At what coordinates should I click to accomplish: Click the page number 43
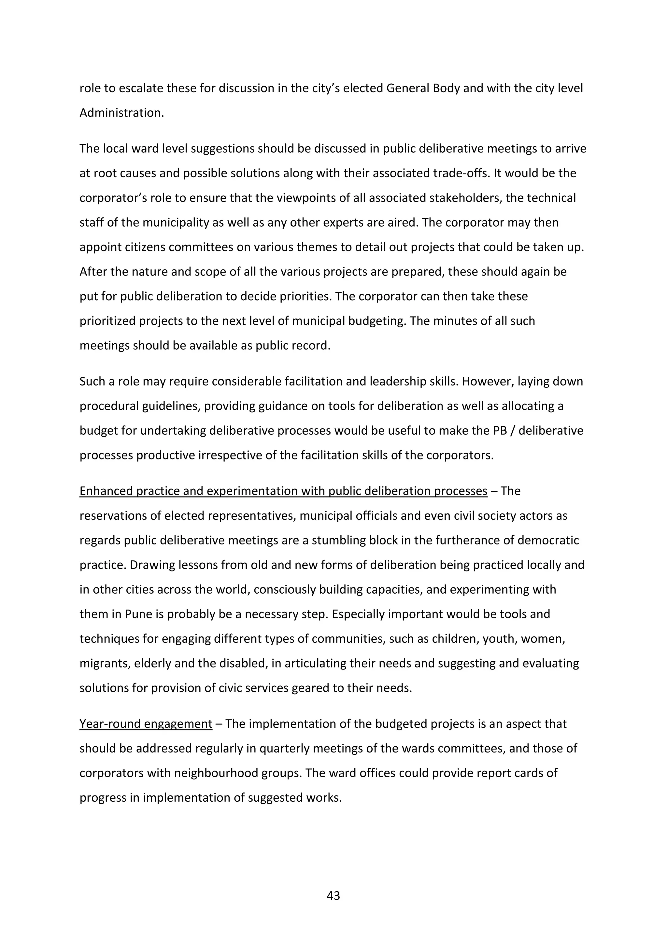coord(333,895)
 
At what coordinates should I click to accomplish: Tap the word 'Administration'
coord(121,113)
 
